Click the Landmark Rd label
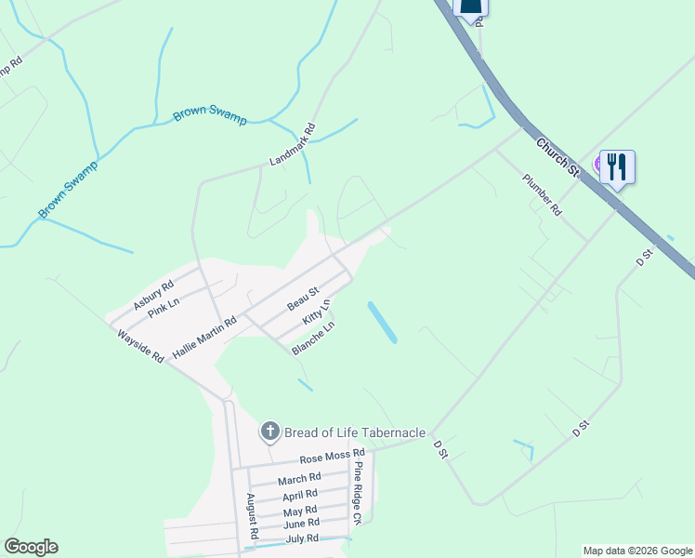[x=293, y=145]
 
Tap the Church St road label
[x=558, y=156]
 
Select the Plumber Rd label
[x=542, y=194]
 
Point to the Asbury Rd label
[x=153, y=296]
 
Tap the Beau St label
[x=303, y=299]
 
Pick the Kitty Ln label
[x=317, y=313]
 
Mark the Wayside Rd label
[x=140, y=344]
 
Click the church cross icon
[x=269, y=431]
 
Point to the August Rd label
[x=251, y=517]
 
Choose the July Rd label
[x=302, y=538]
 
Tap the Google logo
[x=31, y=547]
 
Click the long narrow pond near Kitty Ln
[x=382, y=322]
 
